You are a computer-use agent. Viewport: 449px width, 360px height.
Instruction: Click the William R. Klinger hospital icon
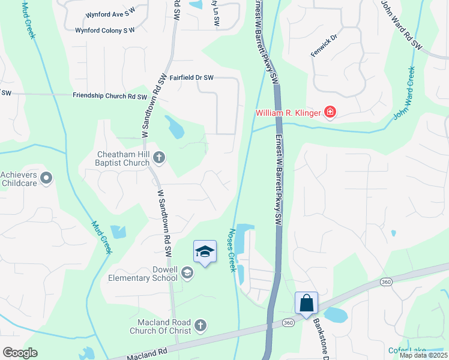pyautogui.click(x=330, y=112)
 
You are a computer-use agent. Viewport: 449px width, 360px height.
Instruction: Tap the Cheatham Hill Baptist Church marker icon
pyautogui.click(x=159, y=158)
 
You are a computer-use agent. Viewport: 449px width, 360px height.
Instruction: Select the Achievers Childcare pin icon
pyautogui.click(x=47, y=178)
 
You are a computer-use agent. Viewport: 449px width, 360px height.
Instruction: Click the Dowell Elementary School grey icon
pyautogui.click(x=188, y=274)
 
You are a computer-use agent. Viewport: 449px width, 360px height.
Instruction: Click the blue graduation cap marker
pyautogui.click(x=205, y=252)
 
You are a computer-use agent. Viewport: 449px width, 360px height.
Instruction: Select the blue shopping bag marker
pyautogui.click(x=306, y=304)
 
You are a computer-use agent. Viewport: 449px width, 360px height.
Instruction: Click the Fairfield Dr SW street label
pyautogui.click(x=191, y=77)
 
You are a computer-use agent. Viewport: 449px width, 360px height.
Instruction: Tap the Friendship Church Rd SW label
pyautogui.click(x=110, y=96)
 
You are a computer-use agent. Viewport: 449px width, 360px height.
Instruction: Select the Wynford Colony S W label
pyautogui.click(x=105, y=30)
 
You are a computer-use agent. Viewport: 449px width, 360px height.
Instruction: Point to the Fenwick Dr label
pyautogui.click(x=325, y=44)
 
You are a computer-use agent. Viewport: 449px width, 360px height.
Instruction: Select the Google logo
pyautogui.click(x=19, y=353)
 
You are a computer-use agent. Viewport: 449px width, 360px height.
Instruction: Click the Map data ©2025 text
pyautogui.click(x=423, y=355)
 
